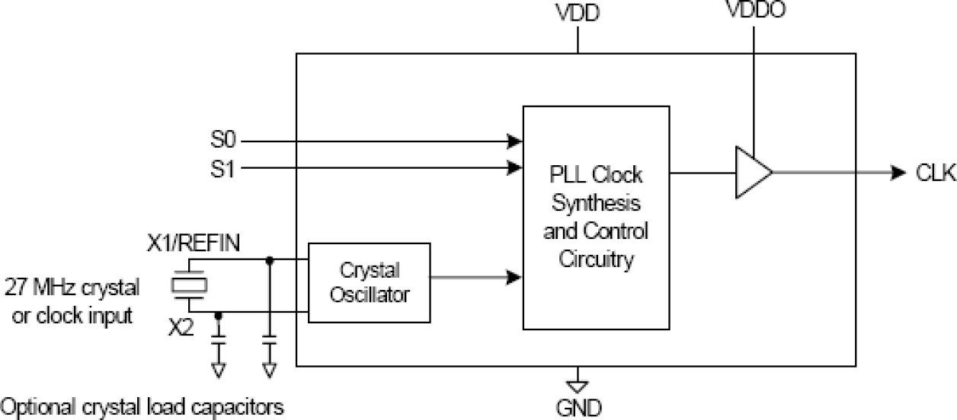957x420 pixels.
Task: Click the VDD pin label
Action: click(578, 15)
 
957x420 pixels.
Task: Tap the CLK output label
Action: click(936, 173)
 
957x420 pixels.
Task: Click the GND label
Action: click(578, 408)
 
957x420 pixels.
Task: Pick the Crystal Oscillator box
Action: click(369, 283)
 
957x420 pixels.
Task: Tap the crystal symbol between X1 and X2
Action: click(189, 285)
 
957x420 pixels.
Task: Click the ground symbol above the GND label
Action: click(578, 377)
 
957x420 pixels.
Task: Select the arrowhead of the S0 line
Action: click(516, 141)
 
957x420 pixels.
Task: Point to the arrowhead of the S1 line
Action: click(516, 168)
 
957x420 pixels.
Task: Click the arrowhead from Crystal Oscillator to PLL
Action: click(516, 278)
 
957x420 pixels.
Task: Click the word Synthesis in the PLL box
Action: click(596, 203)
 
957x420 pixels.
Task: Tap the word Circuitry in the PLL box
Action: click(596, 259)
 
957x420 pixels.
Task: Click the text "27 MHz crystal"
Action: click(72, 288)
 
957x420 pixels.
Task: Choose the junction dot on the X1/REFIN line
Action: click(268, 260)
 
